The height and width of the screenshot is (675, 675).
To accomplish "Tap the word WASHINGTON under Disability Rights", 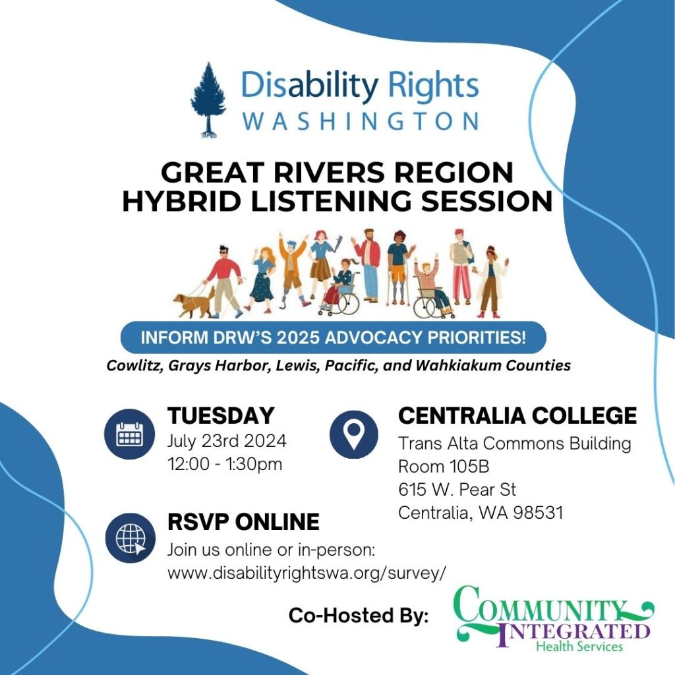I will click(360, 121).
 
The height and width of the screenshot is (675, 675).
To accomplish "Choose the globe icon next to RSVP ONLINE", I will click(129, 538).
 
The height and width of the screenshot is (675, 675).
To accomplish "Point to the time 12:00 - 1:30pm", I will click(225, 463).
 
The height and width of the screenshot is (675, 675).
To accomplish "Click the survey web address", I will click(307, 573).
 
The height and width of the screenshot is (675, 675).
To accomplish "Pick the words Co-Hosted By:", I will click(358, 616).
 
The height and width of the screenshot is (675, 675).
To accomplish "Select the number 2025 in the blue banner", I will click(350, 338).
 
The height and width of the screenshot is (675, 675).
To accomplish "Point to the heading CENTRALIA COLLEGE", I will click(517, 416).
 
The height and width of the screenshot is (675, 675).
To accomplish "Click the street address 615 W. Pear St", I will click(457, 489).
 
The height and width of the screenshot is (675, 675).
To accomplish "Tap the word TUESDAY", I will click(221, 416).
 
